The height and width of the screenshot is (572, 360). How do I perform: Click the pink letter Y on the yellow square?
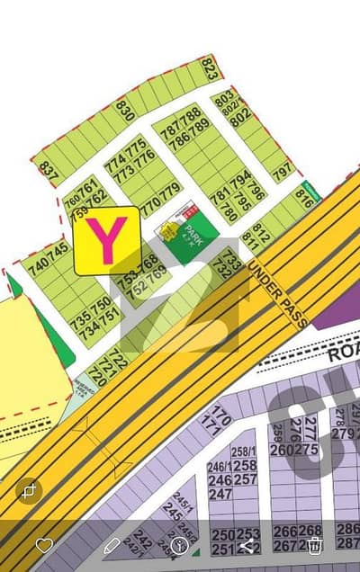(x=106, y=241)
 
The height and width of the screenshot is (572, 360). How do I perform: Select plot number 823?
(x=210, y=68)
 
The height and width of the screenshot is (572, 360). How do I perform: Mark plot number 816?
(x=304, y=200)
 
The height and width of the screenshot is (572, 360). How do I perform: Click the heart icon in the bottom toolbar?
(x=44, y=545)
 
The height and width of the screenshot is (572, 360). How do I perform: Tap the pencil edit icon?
(x=112, y=545)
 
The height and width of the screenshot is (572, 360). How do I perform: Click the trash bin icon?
(x=314, y=545)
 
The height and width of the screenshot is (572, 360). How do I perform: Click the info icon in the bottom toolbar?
(x=179, y=545)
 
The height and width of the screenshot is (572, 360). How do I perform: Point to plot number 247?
(x=220, y=494)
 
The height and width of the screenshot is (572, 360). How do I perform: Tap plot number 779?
(x=170, y=189)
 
